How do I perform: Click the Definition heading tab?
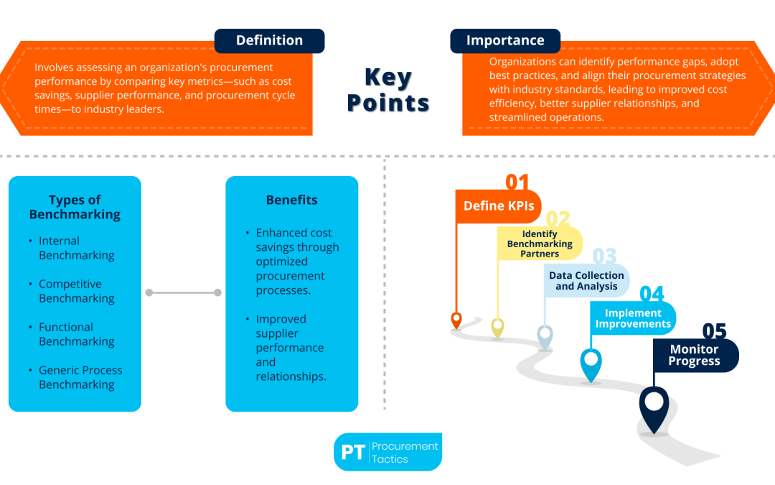[x=269, y=41]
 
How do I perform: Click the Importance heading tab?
[x=505, y=41]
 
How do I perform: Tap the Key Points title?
[x=387, y=90]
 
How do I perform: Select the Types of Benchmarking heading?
[x=75, y=207]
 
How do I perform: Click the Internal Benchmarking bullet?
[x=76, y=248]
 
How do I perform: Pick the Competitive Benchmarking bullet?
[x=76, y=291]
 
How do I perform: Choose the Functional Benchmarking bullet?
[x=76, y=334]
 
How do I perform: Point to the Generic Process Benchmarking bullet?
[x=80, y=377]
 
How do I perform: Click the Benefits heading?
[x=291, y=200]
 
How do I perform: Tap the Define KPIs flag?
[x=499, y=206]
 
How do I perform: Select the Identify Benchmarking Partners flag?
[x=540, y=244]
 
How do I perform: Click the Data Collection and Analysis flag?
[x=586, y=281]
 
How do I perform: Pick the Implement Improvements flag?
[x=633, y=318]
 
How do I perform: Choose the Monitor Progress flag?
[x=694, y=355]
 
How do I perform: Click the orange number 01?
[x=517, y=183]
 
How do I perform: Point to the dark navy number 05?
[x=714, y=331]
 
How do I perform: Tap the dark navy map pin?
[x=653, y=407]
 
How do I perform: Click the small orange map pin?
[x=456, y=320]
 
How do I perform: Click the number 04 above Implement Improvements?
[x=652, y=294]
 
